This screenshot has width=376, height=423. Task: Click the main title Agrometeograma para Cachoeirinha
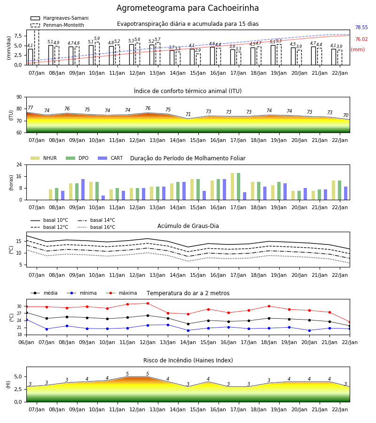188,8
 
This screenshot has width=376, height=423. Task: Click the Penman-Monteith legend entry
57,25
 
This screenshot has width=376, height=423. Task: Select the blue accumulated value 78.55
361,27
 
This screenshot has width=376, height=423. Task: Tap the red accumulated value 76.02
361,39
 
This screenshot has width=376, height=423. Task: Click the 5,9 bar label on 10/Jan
97,39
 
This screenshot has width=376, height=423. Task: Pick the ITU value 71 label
188,114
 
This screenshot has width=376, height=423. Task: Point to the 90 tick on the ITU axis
19,97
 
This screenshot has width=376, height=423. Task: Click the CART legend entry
110,158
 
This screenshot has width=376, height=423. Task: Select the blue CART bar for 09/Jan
83,189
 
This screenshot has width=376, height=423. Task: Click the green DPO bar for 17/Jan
238,187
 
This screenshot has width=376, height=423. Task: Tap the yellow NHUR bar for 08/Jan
50,195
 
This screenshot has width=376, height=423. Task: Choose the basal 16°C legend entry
96,227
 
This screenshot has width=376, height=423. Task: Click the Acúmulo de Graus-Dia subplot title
188,226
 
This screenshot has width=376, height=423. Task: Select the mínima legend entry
82,293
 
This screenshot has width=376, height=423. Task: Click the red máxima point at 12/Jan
148,304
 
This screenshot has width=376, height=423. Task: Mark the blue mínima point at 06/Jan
26,320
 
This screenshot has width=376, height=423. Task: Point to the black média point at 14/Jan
188,324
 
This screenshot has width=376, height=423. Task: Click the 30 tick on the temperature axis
19,306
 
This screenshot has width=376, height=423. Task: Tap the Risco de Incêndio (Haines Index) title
188,360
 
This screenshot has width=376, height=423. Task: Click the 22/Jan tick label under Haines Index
340,409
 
